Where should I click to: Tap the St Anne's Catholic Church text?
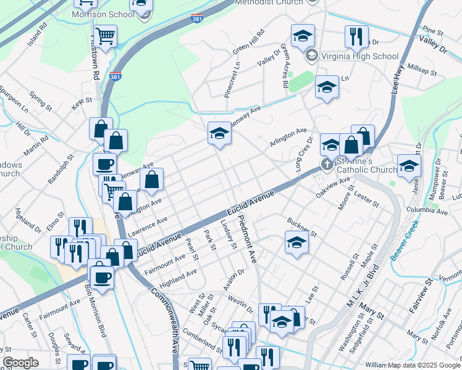pos(366,165)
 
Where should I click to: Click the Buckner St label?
pos(302,227)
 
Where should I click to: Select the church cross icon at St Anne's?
pos(327,165)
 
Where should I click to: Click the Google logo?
pos(20,363)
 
